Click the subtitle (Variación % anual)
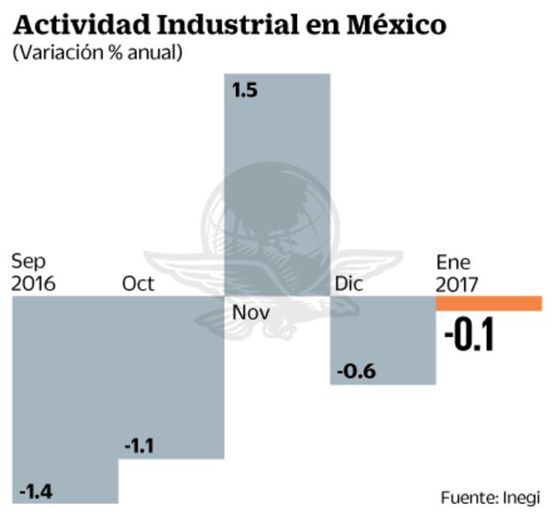(97, 52)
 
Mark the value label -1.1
(138, 446)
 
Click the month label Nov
(252, 313)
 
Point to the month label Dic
(348, 284)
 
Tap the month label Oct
(138, 283)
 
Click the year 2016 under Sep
(33, 283)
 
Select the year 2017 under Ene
(457, 284)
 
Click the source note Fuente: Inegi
(490, 497)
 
